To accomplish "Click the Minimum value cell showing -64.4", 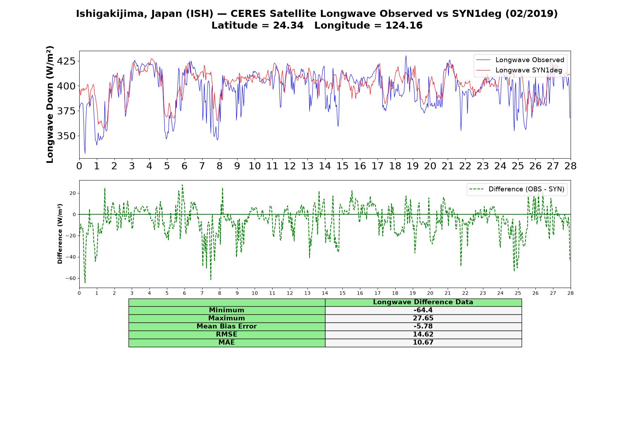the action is [423, 310].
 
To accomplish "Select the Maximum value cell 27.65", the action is [423, 318].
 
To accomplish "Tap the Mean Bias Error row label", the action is [226, 326].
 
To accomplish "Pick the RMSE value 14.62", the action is [423, 335].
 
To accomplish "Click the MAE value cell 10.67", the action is [423, 343].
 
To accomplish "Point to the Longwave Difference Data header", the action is [423, 302].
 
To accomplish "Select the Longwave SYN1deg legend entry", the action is [519, 70].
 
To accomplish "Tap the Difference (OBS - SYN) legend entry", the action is [517, 189].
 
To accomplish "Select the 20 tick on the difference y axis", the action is [72, 193].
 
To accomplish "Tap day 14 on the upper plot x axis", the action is [325, 166].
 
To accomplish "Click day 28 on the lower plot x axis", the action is [571, 293].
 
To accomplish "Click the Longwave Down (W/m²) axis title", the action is [50, 104].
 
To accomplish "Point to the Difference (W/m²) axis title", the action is [60, 234].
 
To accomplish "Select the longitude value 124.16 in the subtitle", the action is [404, 25].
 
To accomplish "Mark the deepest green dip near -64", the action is [85, 282].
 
